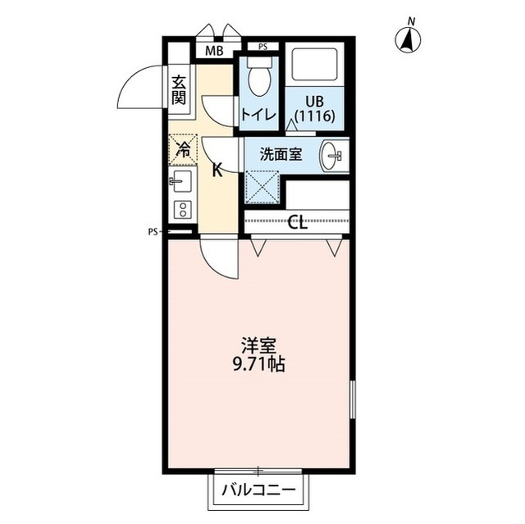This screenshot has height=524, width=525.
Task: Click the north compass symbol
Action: [408, 39]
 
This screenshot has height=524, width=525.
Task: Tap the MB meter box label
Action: [214, 51]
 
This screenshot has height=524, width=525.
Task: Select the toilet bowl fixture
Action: [259, 77]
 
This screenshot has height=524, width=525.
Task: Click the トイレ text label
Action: [259, 115]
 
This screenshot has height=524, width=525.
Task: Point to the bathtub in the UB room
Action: [315, 64]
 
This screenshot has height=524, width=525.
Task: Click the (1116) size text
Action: [315, 116]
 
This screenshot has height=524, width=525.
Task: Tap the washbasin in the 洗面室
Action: [331, 156]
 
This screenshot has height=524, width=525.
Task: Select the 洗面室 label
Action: [281, 154]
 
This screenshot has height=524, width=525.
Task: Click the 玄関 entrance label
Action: [179, 89]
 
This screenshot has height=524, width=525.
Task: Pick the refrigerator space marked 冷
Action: [183, 149]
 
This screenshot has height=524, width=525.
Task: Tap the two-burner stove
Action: [183, 210]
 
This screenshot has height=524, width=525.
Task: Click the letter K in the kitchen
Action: [217, 171]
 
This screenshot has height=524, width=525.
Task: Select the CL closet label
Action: [298, 221]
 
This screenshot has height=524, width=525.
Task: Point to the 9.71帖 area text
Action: [259, 364]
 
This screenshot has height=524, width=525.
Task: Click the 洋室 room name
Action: [259, 346]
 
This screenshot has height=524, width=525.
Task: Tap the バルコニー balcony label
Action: [259, 491]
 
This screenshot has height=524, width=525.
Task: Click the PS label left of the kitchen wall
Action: [153, 232]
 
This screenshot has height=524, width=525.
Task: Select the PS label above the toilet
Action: [263, 47]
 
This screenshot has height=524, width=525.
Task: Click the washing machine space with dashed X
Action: [262, 187]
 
